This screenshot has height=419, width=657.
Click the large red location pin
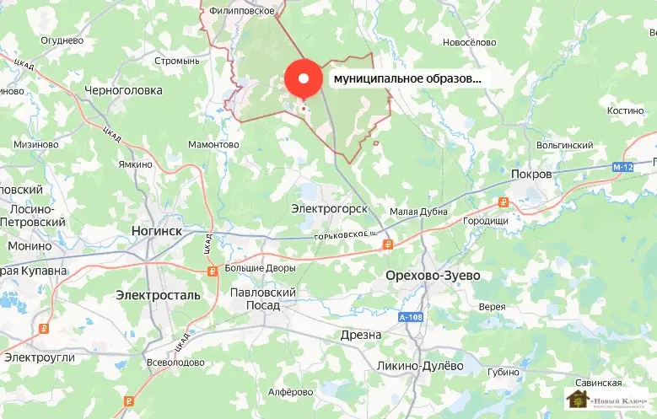pyautogui.click(x=304, y=79)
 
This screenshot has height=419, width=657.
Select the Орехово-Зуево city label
pyautogui.click(x=432, y=276)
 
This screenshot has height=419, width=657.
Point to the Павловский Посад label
pyautogui.click(x=263, y=298)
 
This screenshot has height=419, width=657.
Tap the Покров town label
pyautogui.click(x=530, y=174)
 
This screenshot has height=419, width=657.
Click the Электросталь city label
pyautogui.click(x=159, y=295)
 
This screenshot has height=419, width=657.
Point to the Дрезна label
pyautogui.click(x=360, y=335)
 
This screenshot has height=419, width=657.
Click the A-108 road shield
pyautogui.click(x=410, y=317)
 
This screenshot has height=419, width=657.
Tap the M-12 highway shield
pyautogui.click(x=622, y=168)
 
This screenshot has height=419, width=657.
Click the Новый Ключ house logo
pyautogui.click(x=579, y=400)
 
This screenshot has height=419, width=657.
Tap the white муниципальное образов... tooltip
pyautogui.click(x=408, y=78)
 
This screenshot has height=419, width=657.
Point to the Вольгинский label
pyautogui.click(x=564, y=145)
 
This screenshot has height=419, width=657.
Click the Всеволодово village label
pyautogui.click(x=175, y=363)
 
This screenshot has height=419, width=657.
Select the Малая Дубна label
pyautogui.click(x=418, y=212)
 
